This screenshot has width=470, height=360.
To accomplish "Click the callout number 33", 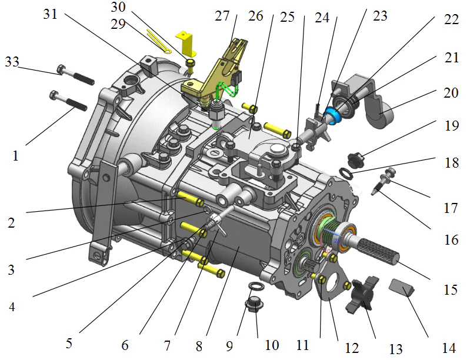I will pyautogui.click(x=12, y=61).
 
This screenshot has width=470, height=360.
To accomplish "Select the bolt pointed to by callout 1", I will pyautogui.click(x=69, y=101).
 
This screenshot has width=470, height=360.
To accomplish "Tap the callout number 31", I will pyautogui.click(x=51, y=14).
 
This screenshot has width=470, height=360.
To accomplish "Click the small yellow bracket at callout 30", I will pyautogui.click(x=188, y=43).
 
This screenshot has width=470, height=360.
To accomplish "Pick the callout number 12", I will pyautogui.click(x=352, y=348).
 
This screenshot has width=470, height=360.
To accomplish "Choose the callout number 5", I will pyautogui.click(x=69, y=343).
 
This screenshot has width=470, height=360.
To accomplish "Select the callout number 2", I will pyautogui.click(x=11, y=223).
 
